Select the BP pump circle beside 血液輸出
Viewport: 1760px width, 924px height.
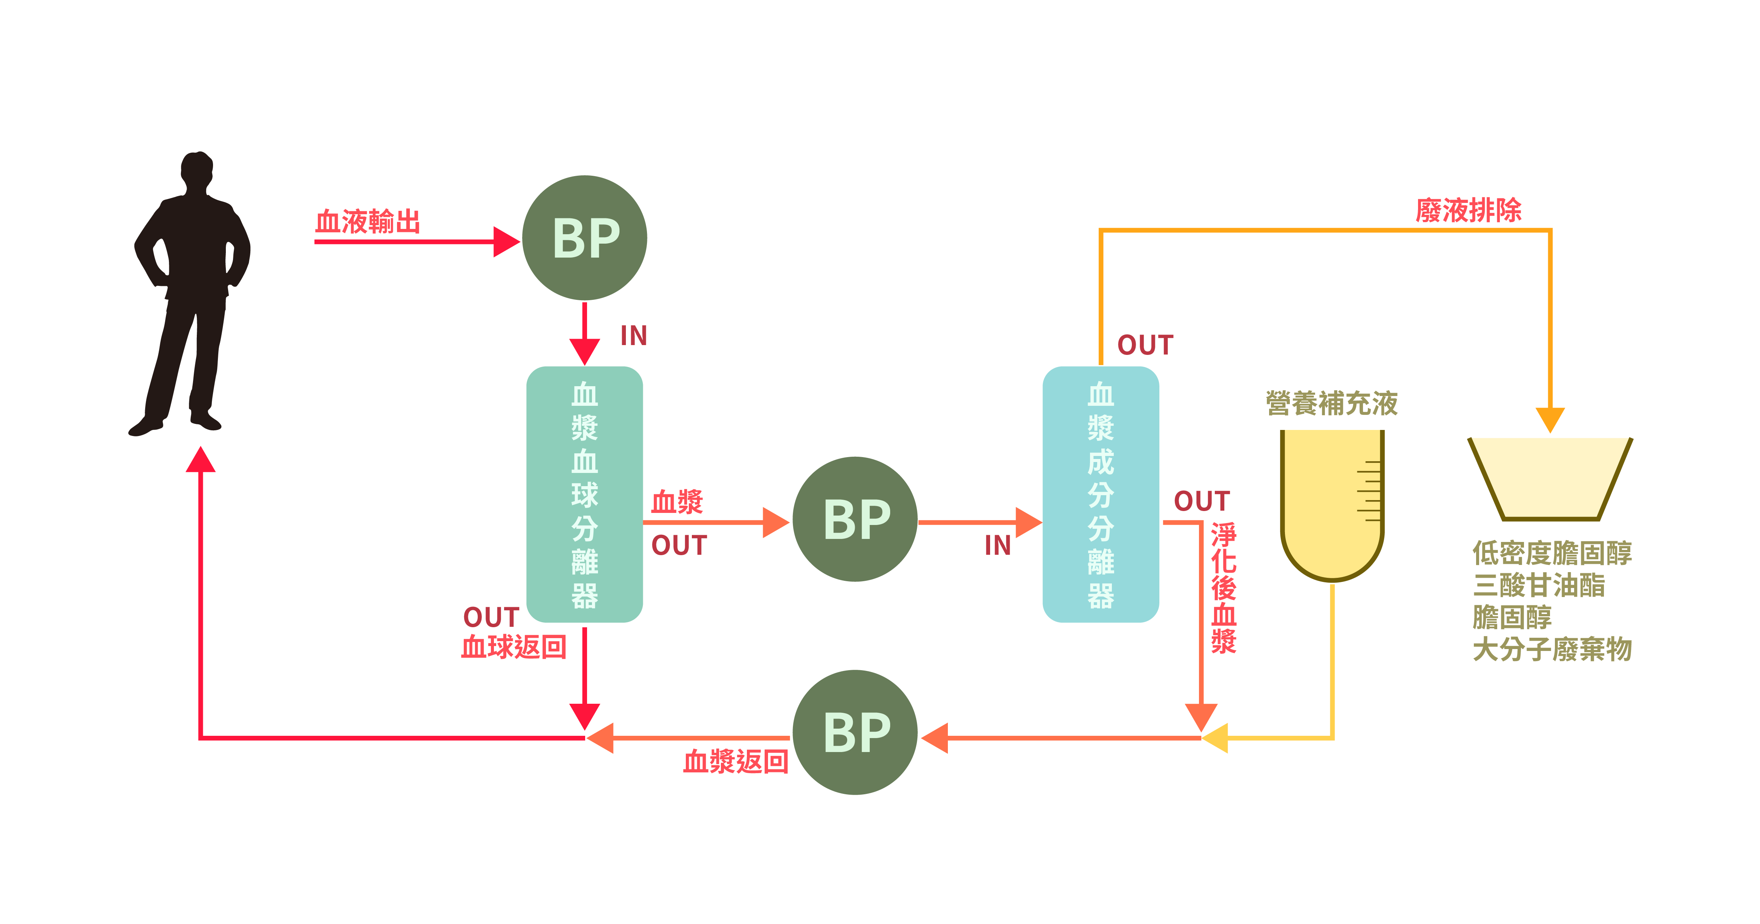[x=584, y=238]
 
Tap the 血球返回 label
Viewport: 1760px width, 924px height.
[x=514, y=646]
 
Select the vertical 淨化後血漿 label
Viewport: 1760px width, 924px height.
[x=1223, y=588]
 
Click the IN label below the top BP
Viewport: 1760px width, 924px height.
[x=633, y=336]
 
